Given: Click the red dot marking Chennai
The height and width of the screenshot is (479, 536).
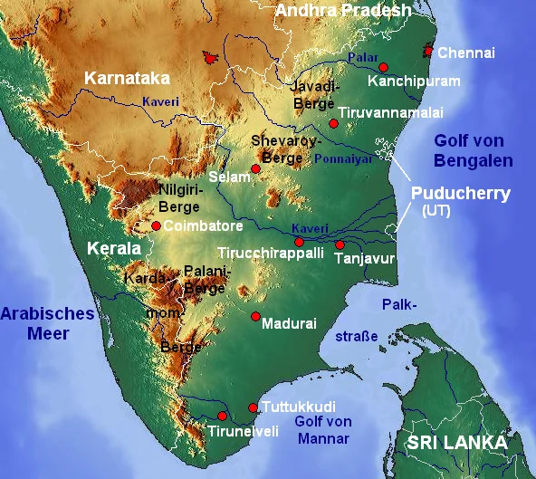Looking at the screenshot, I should [x=429, y=52].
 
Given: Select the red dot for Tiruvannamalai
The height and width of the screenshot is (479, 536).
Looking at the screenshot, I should [x=333, y=122].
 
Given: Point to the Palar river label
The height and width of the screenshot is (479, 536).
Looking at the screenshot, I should [x=363, y=58].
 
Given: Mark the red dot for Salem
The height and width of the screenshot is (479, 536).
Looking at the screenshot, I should [x=255, y=168].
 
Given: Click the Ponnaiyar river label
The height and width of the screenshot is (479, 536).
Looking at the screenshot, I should [x=343, y=158].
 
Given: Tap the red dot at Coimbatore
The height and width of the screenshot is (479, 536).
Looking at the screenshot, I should [x=156, y=225].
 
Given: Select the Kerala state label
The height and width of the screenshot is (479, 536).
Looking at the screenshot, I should [x=114, y=248].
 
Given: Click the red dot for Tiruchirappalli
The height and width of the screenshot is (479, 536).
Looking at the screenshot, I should [x=299, y=242].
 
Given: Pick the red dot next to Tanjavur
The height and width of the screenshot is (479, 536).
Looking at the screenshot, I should [x=340, y=244].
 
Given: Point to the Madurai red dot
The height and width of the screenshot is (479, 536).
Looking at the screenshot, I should [x=255, y=316].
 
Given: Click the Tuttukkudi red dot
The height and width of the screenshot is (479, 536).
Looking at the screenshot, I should [x=253, y=407].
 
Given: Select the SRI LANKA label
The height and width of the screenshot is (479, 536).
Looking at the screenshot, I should [x=456, y=443].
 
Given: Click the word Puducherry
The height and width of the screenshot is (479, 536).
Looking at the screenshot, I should [x=461, y=194].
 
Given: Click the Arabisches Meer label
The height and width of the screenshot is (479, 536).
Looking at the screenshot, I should [x=47, y=323].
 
